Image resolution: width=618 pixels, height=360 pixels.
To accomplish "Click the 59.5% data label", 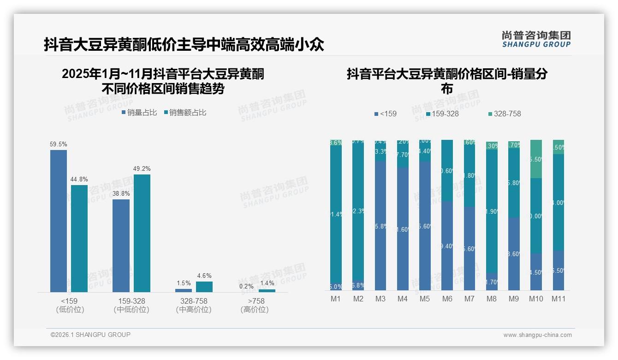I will tap(59, 144).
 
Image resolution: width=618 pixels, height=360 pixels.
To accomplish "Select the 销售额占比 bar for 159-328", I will tap(142, 233).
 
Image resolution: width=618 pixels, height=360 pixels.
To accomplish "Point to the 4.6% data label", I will tap(204, 276).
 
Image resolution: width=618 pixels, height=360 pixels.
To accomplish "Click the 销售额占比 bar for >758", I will tap(267, 291).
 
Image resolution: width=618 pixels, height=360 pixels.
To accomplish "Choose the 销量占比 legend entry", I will tap(139, 113).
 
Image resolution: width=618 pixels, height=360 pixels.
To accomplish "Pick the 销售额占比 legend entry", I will tap(185, 113).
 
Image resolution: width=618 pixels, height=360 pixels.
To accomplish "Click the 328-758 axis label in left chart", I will tap(194, 301).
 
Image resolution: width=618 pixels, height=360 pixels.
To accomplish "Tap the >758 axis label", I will tap(255, 301).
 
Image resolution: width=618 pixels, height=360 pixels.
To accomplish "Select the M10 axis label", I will tap(536, 299).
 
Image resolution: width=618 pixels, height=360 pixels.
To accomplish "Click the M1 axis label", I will tap(336, 299).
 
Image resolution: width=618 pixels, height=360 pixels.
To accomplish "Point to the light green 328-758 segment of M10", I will tap(536, 159).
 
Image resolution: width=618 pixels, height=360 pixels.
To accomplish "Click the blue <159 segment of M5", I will tap(425, 226).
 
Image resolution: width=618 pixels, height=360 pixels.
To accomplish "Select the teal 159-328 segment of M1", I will tap(336, 215).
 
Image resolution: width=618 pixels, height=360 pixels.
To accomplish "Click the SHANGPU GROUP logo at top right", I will tap(536, 39).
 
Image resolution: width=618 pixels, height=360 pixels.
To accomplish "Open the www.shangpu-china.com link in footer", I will tap(537, 335).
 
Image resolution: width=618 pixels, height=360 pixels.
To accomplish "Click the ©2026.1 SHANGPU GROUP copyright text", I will tap(90, 335).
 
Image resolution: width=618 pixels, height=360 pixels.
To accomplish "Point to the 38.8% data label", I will tap(121, 194).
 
